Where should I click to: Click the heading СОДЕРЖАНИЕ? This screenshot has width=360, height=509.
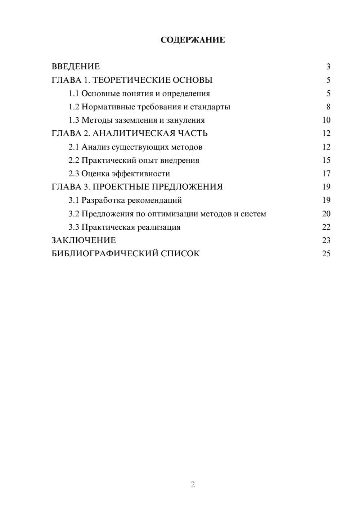(193, 40)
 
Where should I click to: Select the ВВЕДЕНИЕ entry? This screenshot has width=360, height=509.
(76, 67)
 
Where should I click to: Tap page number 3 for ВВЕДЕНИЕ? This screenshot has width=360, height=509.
(328, 67)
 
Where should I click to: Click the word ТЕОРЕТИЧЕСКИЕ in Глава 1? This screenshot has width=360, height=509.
(131, 80)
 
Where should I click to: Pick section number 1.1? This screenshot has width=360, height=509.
(73, 94)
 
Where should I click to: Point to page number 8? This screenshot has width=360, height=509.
(328, 107)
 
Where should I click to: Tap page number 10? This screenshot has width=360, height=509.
(326, 120)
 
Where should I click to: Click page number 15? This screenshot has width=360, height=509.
(326, 160)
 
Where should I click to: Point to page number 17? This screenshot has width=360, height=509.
(326, 174)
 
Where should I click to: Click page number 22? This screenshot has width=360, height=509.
(326, 227)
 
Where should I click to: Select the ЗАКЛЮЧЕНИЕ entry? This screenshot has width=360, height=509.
(84, 240)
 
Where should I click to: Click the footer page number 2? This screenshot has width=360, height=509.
(193, 485)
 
